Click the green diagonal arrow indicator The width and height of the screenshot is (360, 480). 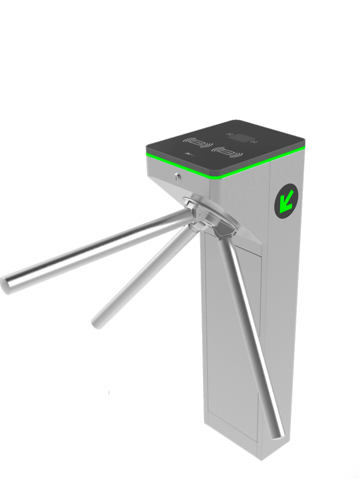286,201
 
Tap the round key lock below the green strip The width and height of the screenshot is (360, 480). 178,177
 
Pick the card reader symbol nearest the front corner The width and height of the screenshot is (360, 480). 227,152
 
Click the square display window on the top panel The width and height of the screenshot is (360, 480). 241,138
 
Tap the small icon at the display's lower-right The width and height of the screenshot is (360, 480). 254,142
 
